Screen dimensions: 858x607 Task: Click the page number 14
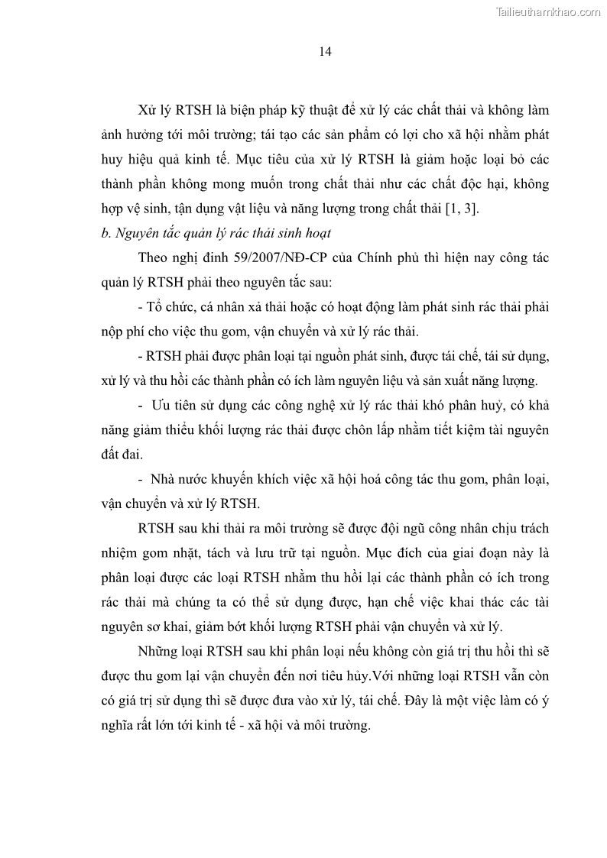tap(324, 52)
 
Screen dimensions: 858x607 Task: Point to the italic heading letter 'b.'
tap(106, 233)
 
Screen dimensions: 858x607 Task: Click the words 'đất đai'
tap(122, 454)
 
